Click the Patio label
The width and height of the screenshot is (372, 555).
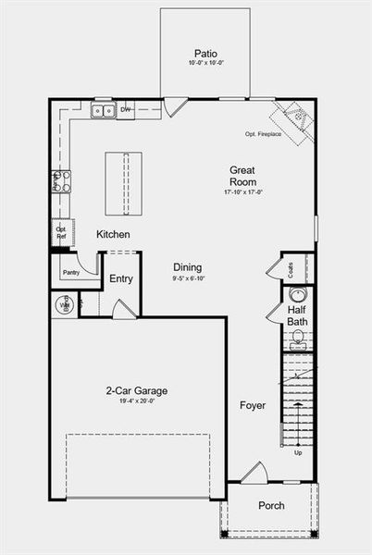coord(205,53)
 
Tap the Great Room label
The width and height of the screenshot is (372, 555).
coord(242,176)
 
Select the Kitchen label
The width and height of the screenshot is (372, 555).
coord(113,235)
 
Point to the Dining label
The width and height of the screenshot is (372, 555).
coord(188,266)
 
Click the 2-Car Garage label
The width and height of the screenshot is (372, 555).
coord(136,390)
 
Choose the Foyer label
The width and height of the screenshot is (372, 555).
coord(253,405)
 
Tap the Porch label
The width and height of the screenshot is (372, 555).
coord(271,506)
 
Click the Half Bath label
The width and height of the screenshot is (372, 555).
coord(297,315)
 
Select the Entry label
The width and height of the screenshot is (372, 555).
coord(121,278)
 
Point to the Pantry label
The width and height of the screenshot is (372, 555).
coord(70,272)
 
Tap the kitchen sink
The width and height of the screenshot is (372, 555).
coord(103,111)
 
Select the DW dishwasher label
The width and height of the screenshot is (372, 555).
coord(126,110)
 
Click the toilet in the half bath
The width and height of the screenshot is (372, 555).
coord(298,336)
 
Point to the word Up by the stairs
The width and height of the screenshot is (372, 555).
coord(297,453)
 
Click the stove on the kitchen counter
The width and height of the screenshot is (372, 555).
coord(62,180)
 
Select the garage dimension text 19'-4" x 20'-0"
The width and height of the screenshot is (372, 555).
coord(136,402)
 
